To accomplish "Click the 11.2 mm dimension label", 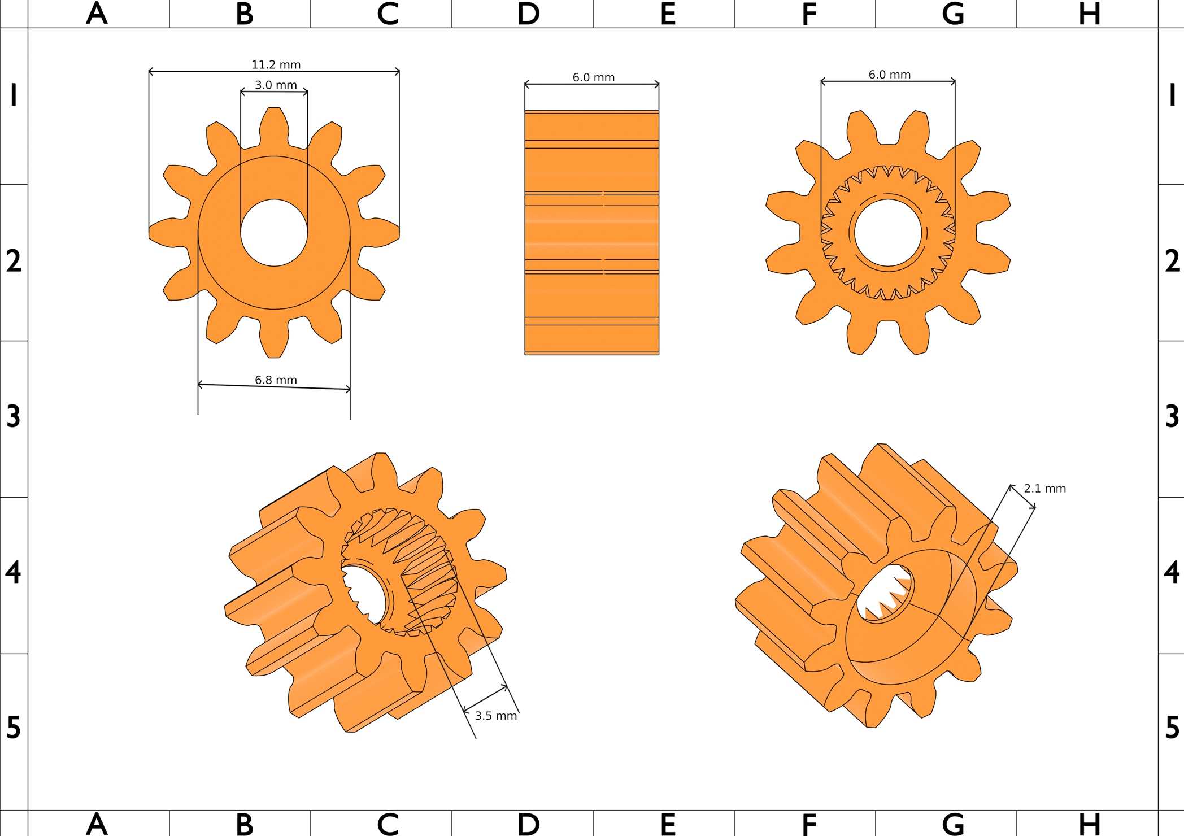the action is [276, 65].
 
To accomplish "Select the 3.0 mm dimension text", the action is [276, 85].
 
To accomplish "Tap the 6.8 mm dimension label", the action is [276, 380].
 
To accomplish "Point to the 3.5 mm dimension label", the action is [495, 716].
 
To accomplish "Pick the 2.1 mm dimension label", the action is [1044, 489].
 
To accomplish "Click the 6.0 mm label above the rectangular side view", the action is [593, 77].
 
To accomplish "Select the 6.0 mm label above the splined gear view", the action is [889, 75].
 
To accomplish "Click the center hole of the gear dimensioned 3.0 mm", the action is [274, 232].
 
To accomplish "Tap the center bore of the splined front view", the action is [888, 232].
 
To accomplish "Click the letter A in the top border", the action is [97, 14].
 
